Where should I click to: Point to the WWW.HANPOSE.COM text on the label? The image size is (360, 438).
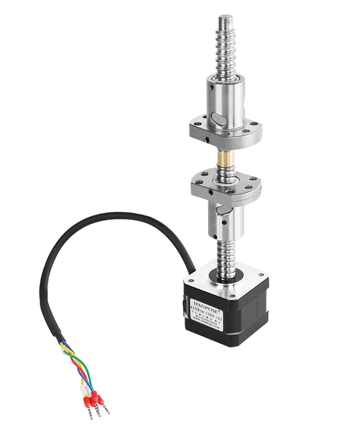coord(206,328)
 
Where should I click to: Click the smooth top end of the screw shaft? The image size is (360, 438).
coord(226,22)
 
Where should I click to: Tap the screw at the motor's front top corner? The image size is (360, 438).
coord(232,290)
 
